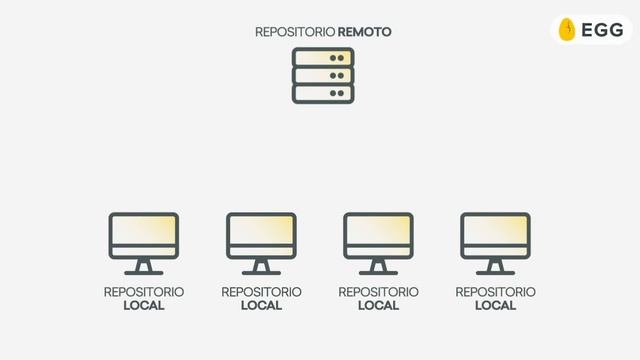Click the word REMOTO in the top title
(365, 32)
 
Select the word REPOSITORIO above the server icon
(295, 32)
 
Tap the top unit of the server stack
(323, 58)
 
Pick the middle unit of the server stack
(323, 76)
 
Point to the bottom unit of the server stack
(323, 94)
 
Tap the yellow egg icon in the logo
(567, 30)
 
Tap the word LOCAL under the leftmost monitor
(144, 306)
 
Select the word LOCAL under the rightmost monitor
(495, 306)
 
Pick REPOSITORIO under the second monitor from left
(261, 292)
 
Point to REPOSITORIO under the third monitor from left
(378, 292)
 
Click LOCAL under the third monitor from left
(378, 306)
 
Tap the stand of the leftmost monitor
(144, 267)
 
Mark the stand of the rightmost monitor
(495, 267)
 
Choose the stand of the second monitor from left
(261, 267)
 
